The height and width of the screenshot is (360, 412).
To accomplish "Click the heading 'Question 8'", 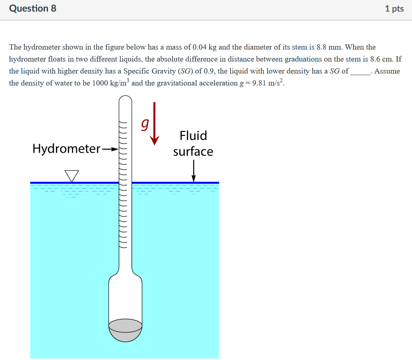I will click(x=33, y=8).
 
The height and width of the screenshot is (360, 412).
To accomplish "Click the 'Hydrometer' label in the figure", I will click(x=66, y=149).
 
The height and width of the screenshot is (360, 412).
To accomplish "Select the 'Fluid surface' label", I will click(x=193, y=143).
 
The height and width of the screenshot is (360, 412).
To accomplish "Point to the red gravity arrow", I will click(x=154, y=124).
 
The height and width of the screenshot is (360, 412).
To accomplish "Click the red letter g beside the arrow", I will click(x=144, y=125).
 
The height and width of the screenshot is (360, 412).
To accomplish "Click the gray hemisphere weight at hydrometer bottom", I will click(x=125, y=330).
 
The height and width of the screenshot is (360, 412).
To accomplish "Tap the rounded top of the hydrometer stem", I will click(x=125, y=100).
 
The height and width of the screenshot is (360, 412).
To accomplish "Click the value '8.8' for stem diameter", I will click(x=322, y=47).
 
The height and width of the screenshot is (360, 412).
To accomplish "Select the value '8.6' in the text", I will click(x=376, y=59).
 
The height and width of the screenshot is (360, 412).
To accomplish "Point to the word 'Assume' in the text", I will click(x=387, y=71).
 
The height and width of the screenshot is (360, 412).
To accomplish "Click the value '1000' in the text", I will click(x=100, y=83).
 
